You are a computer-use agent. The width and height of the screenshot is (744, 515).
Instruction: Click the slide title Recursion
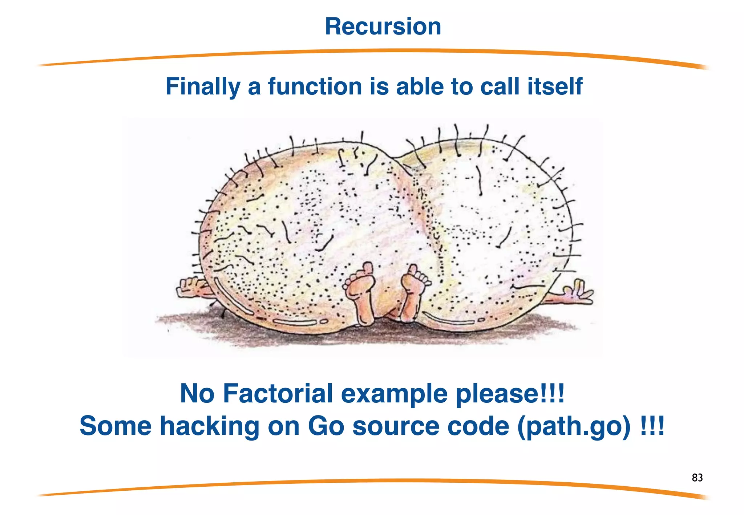pyautogui.click(x=383, y=27)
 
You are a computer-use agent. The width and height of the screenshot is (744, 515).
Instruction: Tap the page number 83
pyautogui.click(x=697, y=478)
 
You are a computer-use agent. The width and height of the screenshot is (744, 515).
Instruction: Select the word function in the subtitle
pyautogui.click(x=315, y=87)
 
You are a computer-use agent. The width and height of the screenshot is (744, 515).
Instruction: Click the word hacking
pyautogui.click(x=210, y=426)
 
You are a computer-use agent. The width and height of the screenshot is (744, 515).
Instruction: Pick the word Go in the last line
pyautogui.click(x=326, y=426)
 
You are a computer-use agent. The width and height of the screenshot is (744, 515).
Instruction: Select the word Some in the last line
pyautogui.click(x=116, y=426)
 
